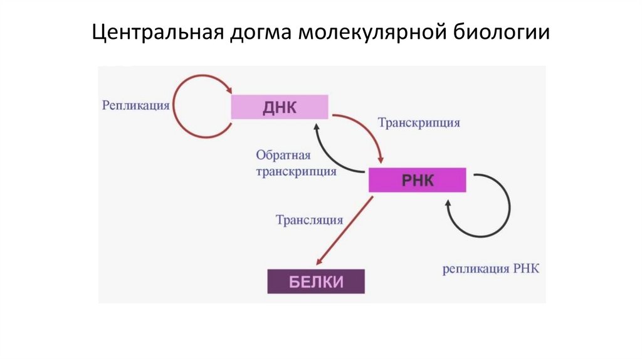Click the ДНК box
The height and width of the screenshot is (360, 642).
coord(280,107)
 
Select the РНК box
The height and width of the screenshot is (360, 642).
coord(417,181)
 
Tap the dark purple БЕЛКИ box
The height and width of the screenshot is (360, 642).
coord(316,281)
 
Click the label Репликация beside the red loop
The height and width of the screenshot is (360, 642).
coord(136,105)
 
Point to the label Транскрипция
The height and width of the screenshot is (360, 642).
coord(419,123)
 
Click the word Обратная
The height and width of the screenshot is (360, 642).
coord(282,155)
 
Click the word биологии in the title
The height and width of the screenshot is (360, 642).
coord(502,32)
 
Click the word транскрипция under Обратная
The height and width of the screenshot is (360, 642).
coord(296,171)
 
